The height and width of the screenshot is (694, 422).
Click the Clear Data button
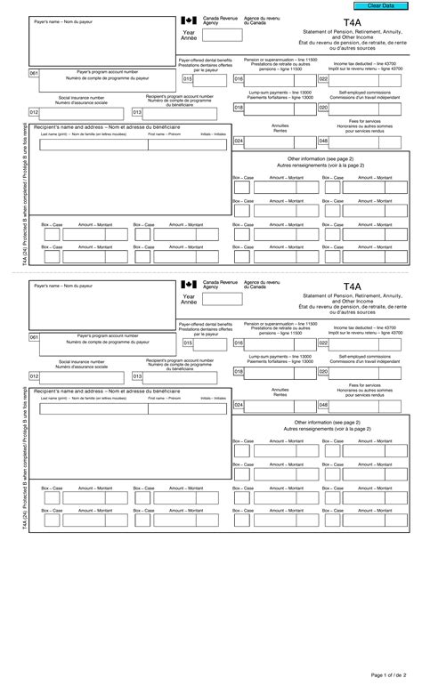tap(392, 6)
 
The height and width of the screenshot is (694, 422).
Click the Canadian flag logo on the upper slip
tap(188, 20)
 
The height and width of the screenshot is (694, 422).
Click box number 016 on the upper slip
tap(239, 78)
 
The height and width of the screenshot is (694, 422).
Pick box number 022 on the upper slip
tap(323, 78)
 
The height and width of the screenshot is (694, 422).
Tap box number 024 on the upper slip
tap(239, 141)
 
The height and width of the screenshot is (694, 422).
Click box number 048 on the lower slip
tap(323, 404)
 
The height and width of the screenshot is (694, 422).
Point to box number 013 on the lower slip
tap(138, 375)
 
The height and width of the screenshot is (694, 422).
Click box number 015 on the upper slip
tap(188, 78)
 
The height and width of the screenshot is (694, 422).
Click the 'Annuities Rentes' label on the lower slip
tap(280, 391)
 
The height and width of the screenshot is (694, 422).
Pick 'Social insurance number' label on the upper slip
tap(82, 100)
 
